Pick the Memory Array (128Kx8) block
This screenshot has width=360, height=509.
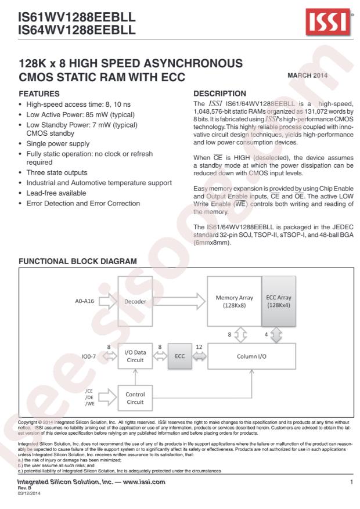coord(234,302)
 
